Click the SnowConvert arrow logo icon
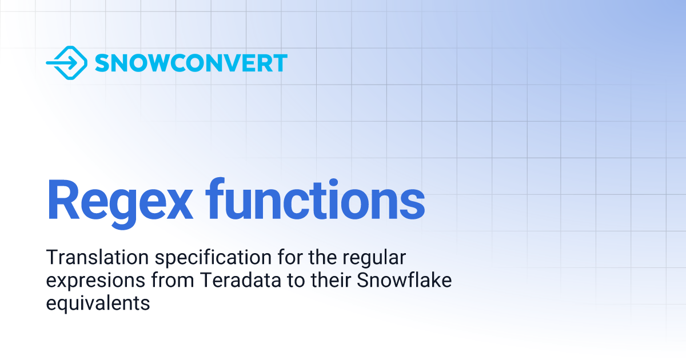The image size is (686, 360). pyautogui.click(x=66, y=62)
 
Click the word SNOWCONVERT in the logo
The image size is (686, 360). pyautogui.click(x=191, y=63)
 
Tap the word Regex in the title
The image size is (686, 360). pyautogui.click(x=120, y=201)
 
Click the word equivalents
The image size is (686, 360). pyautogui.click(x=98, y=303)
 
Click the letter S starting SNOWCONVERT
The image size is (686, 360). pyautogui.click(x=103, y=63)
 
